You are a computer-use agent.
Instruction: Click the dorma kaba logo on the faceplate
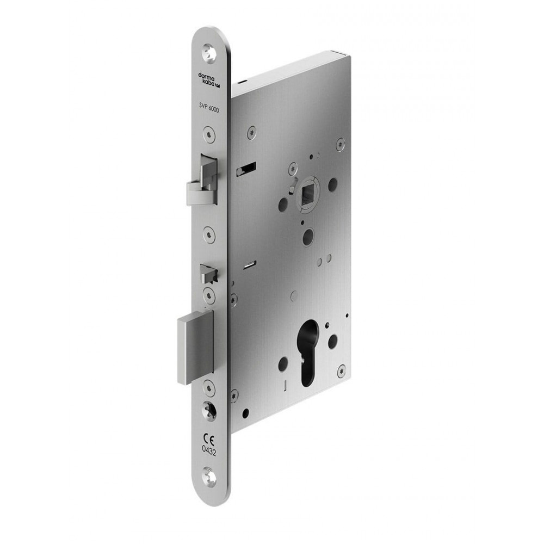(x=209, y=79)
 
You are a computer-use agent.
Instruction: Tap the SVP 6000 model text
(x=209, y=109)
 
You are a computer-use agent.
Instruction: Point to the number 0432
(x=209, y=450)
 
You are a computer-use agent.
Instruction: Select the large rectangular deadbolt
(x=194, y=347)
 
